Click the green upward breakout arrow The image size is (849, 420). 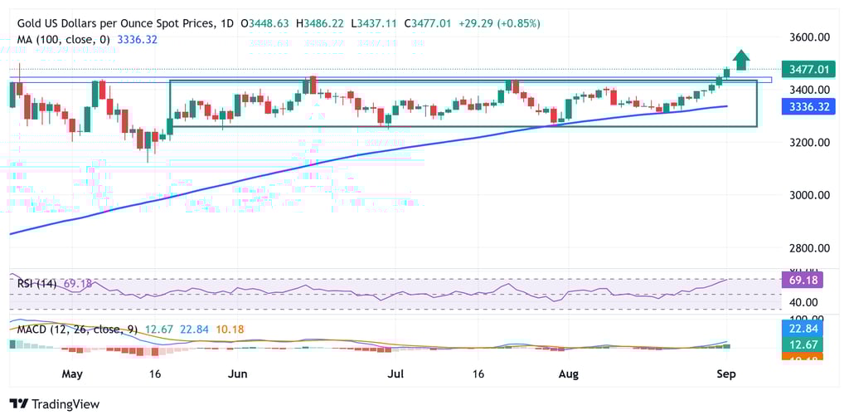(742, 60)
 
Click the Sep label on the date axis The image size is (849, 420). (725, 374)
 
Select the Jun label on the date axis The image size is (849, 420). (237, 374)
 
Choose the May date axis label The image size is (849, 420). (72, 374)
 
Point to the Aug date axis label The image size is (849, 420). (568, 374)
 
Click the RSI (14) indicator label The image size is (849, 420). (36, 284)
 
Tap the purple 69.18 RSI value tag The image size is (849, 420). (801, 280)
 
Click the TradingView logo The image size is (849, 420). (55, 403)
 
